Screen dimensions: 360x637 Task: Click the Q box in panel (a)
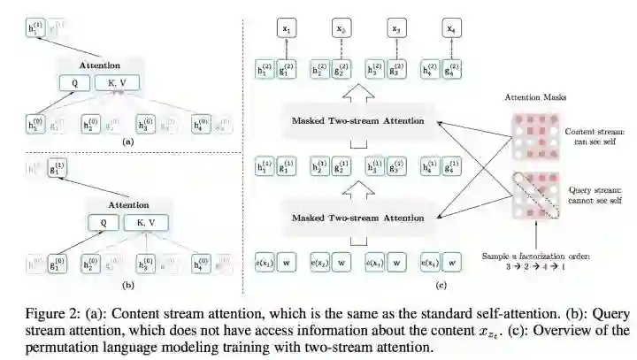(x=73, y=84)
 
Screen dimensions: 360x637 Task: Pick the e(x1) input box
(x=264, y=264)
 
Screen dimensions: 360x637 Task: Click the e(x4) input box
(x=433, y=264)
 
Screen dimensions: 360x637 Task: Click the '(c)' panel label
(x=366, y=285)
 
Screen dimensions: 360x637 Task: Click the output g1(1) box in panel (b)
(x=58, y=165)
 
